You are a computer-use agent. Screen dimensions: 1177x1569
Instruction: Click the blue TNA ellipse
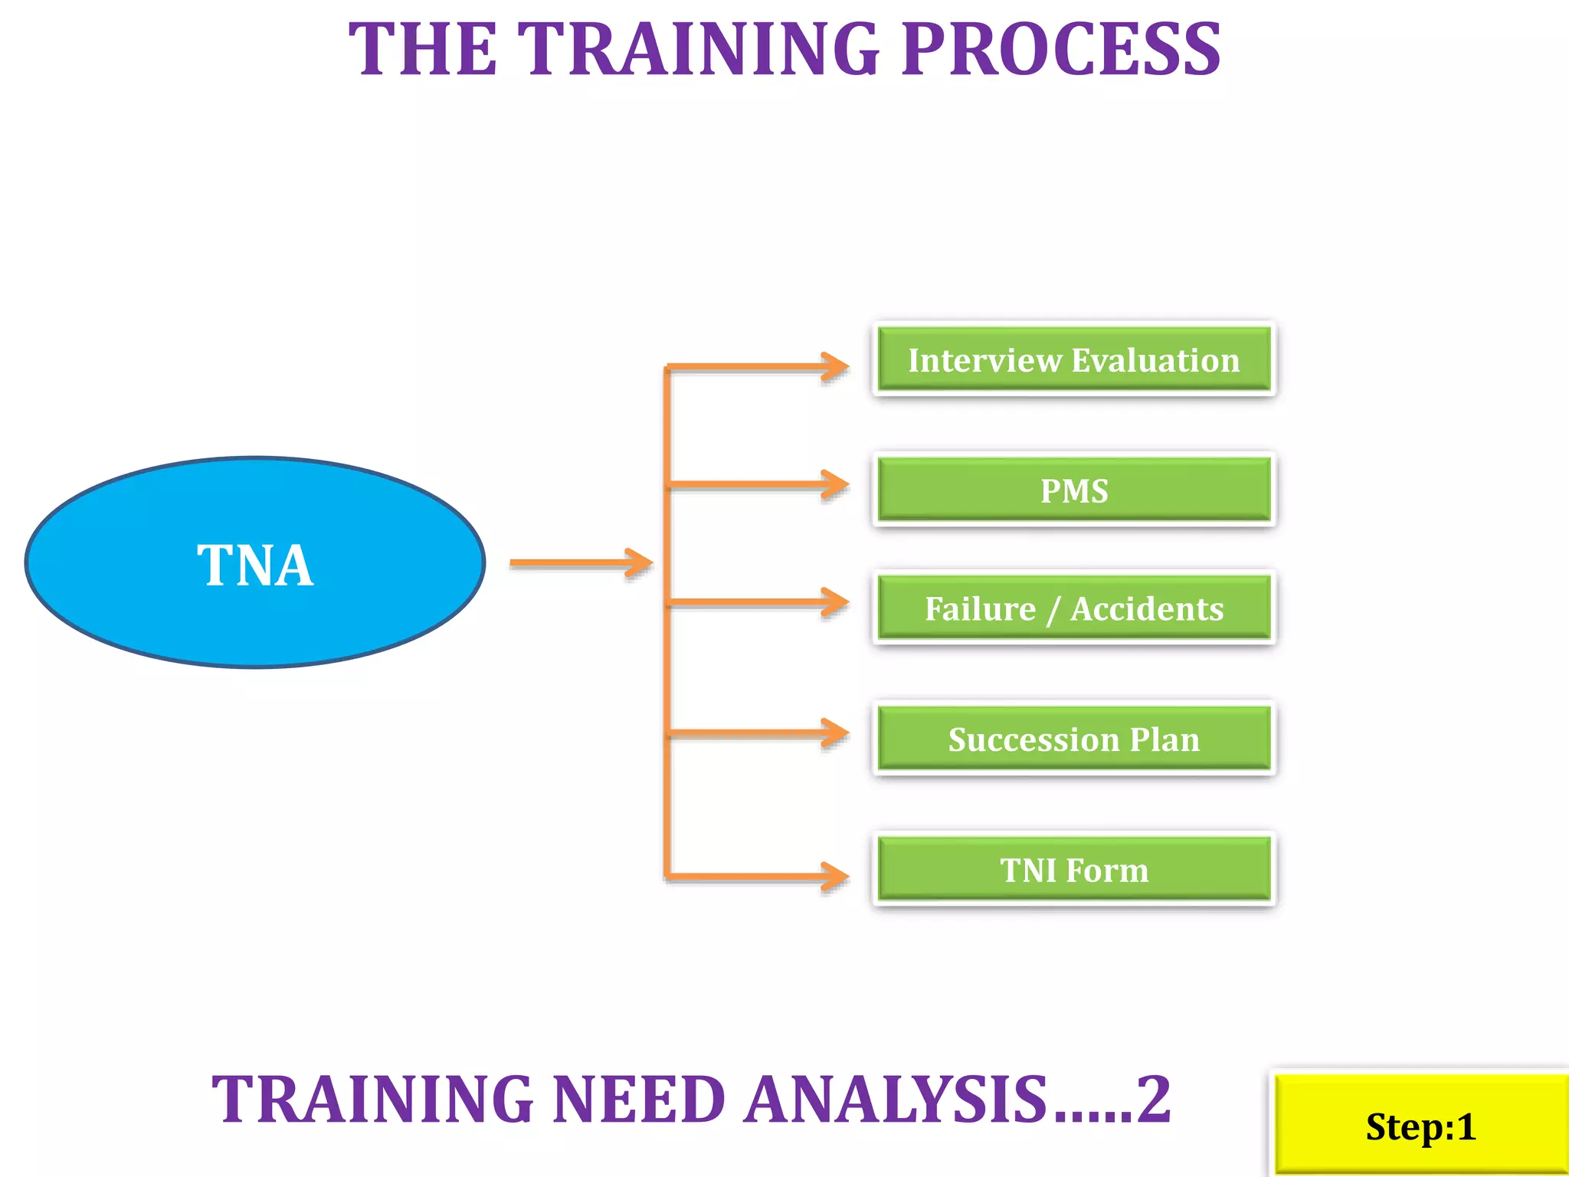pyautogui.click(x=255, y=563)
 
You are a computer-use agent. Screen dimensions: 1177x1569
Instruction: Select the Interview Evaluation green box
pyautogui.click(x=1073, y=359)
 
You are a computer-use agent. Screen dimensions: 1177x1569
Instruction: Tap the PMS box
pyautogui.click(x=1073, y=490)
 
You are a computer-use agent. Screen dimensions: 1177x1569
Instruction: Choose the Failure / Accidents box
pyautogui.click(x=1073, y=608)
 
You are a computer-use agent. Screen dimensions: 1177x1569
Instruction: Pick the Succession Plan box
pyautogui.click(x=1073, y=739)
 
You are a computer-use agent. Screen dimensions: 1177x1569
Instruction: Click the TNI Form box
pyautogui.click(x=1073, y=869)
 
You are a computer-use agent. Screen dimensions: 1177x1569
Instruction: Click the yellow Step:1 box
pyautogui.click(x=1420, y=1126)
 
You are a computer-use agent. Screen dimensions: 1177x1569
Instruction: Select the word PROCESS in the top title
pyautogui.click(x=1061, y=50)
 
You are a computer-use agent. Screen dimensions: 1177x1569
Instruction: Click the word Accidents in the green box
pyautogui.click(x=1147, y=608)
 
